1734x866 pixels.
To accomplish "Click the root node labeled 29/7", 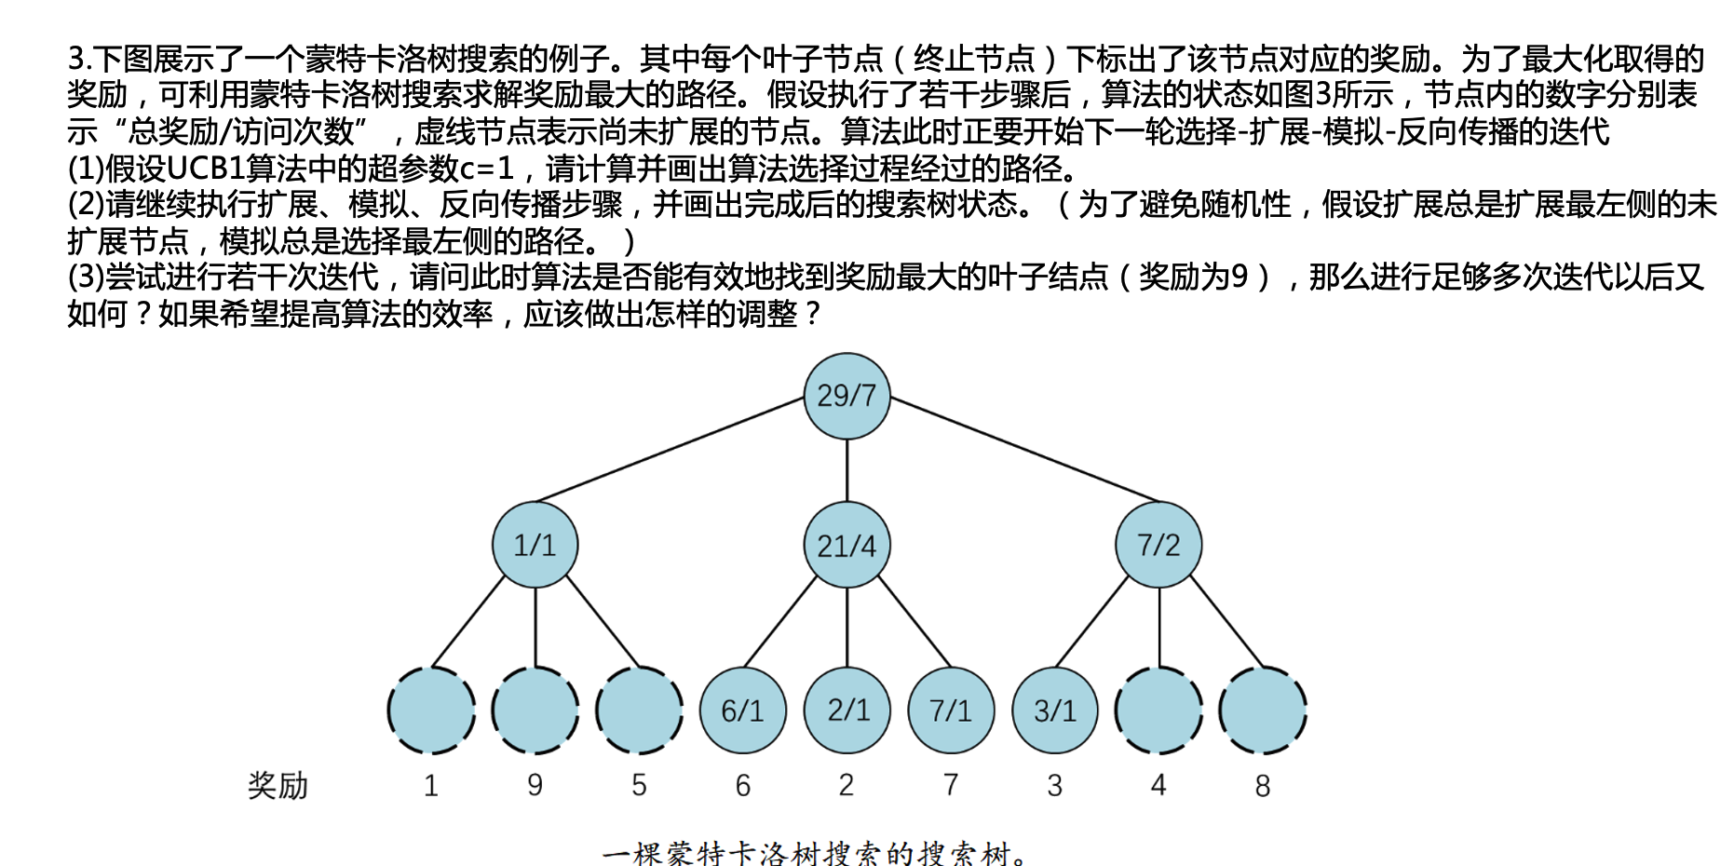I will click(847, 396).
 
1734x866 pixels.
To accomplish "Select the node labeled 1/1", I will click(535, 545).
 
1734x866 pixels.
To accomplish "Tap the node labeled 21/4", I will click(847, 545).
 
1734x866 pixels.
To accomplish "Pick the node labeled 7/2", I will click(1158, 545).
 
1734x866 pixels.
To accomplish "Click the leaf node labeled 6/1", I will click(742, 710).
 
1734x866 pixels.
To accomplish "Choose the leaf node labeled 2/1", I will click(847, 710).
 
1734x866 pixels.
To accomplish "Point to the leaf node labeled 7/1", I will click(951, 710).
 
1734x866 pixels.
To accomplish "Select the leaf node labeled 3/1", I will click(1055, 710).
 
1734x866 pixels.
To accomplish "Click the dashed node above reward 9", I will click(535, 710).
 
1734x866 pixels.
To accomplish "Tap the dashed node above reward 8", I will click(1263, 710).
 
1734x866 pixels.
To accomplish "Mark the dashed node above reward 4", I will click(1158, 710).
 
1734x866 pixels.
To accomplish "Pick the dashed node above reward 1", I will click(430, 710).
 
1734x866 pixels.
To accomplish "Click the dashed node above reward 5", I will click(639, 710).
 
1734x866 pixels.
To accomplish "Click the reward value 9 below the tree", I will click(535, 785).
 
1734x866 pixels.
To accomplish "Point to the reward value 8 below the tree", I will click(1263, 786).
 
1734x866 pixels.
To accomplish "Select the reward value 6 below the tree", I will click(742, 786).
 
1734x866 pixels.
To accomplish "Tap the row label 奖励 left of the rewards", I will click(278, 786).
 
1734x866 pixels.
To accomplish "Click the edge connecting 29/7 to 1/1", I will click(671, 450).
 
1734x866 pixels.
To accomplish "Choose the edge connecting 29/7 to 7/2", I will click(1024, 450).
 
